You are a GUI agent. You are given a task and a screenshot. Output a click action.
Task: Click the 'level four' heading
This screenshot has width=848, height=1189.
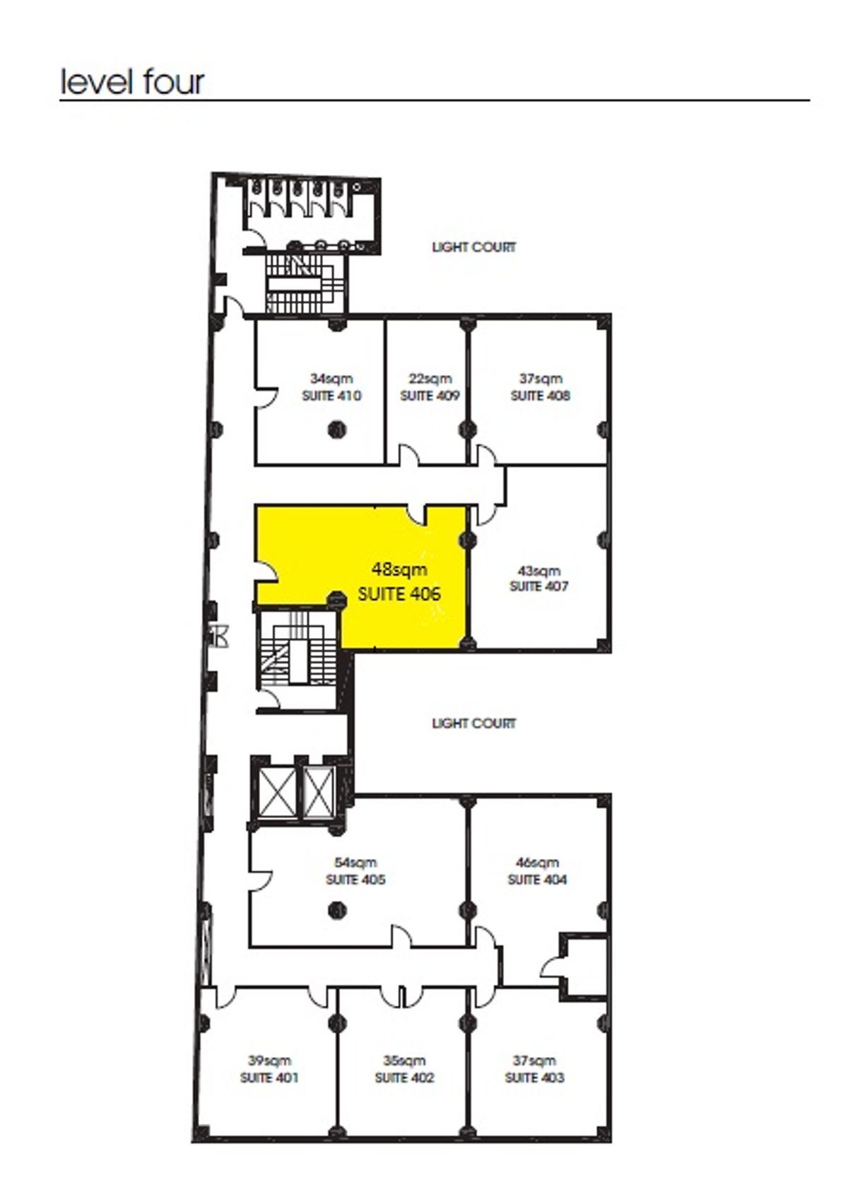coord(132,82)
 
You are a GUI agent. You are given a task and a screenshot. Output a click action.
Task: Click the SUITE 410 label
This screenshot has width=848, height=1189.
coord(331,396)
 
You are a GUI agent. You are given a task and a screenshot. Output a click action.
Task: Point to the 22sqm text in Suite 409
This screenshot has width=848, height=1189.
coord(430,379)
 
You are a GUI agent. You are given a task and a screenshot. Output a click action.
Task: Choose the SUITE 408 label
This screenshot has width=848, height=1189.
coord(540,396)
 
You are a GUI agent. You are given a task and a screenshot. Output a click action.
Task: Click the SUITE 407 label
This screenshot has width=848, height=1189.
coord(539,586)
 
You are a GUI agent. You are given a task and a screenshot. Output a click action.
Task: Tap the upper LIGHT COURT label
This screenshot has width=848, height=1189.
coord(473,247)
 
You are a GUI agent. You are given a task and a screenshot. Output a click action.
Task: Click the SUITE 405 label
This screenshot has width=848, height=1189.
coord(355,880)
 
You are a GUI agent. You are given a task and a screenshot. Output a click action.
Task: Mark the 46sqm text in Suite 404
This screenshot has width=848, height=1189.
coord(537,863)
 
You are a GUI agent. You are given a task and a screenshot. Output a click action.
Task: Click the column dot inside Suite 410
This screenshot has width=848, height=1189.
coord(336,428)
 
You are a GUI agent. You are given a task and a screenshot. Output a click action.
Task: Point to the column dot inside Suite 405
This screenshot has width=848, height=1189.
coord(337,911)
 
